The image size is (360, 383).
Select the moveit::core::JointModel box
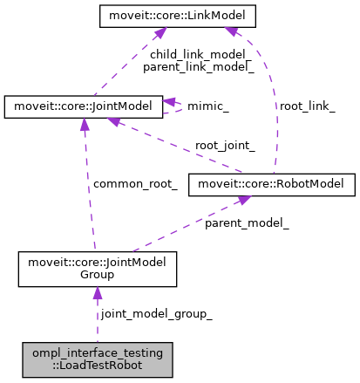[84, 107]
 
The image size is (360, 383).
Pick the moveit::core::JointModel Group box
[98, 269]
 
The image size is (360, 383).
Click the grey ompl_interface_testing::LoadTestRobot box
[98, 359]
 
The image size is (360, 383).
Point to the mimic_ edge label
[209, 107]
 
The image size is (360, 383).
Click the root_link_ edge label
[307, 106]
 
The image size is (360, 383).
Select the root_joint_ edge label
[225, 146]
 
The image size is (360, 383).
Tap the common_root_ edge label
[135, 184]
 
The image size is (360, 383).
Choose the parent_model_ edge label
[247, 223]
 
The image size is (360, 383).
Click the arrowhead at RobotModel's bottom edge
[245, 202]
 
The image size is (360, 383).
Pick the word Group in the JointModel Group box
[98, 276]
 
